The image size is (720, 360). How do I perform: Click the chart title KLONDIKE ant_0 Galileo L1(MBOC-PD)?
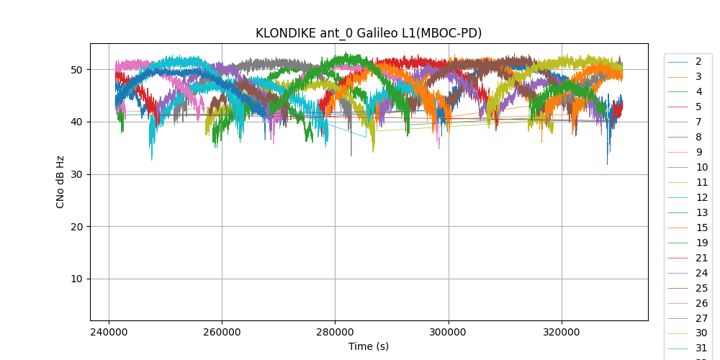point(369,33)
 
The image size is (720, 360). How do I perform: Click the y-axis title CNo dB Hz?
point(60,181)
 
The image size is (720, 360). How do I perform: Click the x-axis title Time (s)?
point(369,346)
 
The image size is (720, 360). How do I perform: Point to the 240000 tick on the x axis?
point(109,332)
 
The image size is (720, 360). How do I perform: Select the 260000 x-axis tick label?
point(222,332)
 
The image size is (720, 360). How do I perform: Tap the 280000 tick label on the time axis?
point(335,332)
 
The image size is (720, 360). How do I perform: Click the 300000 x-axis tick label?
point(449,332)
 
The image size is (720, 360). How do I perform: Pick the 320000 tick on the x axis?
point(562,332)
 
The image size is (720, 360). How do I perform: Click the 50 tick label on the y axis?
point(77,70)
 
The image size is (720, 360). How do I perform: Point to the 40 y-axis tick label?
point(77,122)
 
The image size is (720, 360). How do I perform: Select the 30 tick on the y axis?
point(77,174)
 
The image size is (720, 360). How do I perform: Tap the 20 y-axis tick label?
point(77,227)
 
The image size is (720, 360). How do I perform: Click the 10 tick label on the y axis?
point(77,279)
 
